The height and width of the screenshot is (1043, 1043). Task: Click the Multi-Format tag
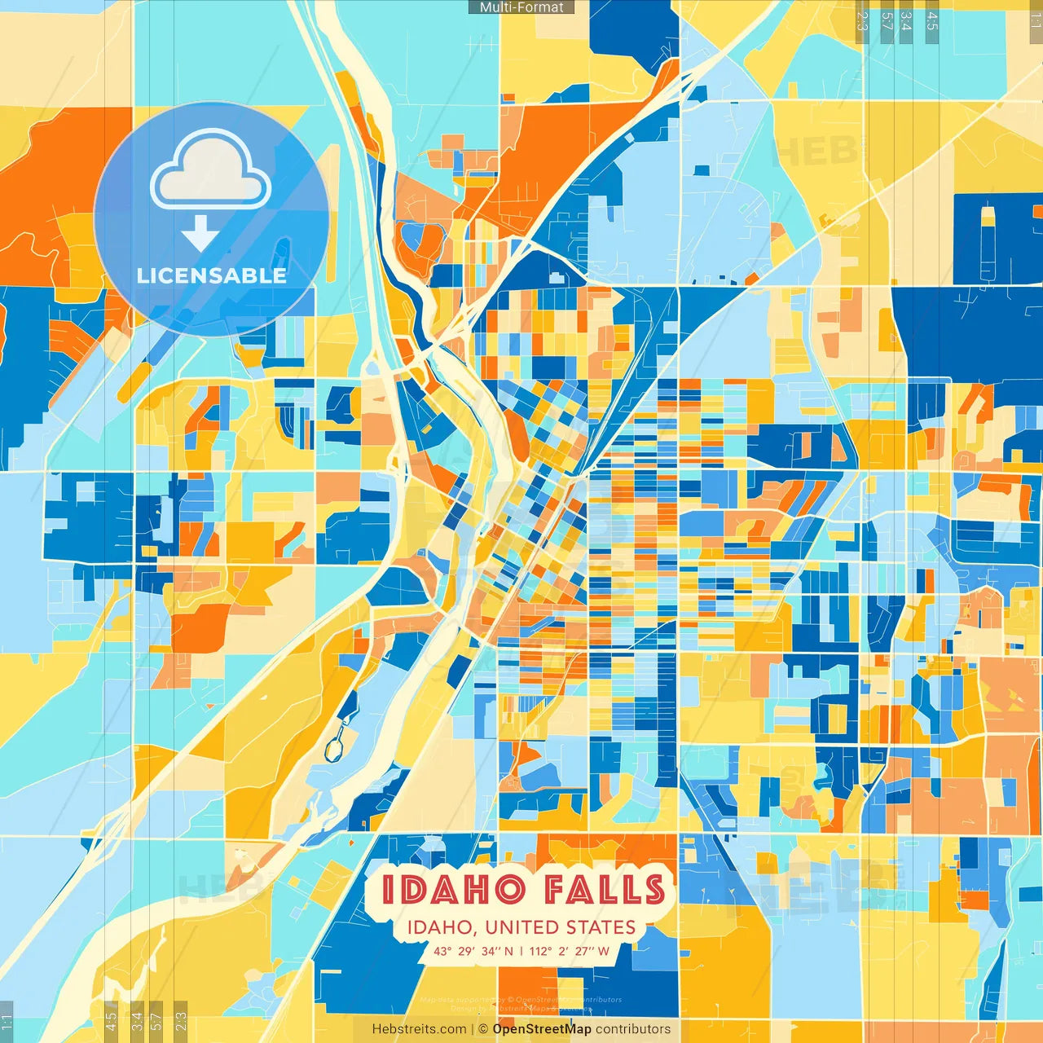pos(521,7)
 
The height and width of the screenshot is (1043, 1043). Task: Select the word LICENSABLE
pos(212,275)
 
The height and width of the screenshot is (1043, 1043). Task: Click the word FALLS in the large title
pos(605,889)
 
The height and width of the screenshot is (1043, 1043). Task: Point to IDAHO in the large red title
pos(453,889)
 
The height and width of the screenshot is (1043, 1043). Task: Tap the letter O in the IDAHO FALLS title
pos(510,889)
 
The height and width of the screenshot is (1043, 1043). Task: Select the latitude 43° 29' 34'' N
pos(473,951)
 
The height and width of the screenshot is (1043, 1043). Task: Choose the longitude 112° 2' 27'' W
pos(569,951)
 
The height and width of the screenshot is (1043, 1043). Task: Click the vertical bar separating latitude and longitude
pos(521,951)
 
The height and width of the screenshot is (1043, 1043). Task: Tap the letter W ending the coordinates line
pos(603,951)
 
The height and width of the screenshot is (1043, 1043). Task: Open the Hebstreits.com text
pos(420,1029)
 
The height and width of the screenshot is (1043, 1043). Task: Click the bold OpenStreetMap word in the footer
pos(542,1029)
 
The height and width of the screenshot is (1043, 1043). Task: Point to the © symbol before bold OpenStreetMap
pos(482,1029)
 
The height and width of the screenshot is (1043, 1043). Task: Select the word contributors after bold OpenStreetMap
pos(633,1029)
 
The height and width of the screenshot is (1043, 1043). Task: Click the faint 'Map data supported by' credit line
pos(521,1000)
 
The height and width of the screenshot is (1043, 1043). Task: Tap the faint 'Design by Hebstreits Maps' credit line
pos(521,1009)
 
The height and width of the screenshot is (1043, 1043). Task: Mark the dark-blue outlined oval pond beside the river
pos(333,748)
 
